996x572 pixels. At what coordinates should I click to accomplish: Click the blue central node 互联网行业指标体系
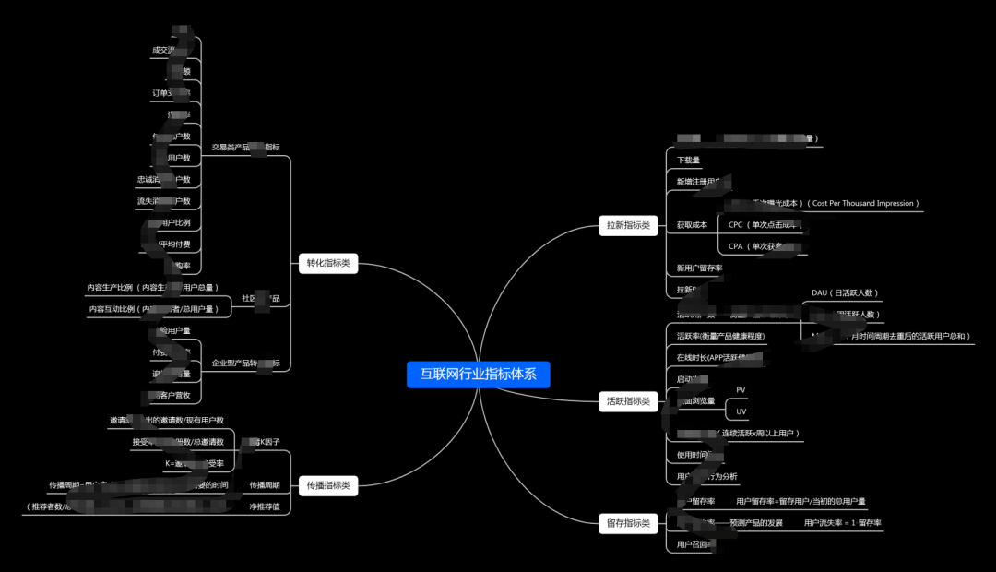click(478, 375)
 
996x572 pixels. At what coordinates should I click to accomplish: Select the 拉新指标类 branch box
click(628, 225)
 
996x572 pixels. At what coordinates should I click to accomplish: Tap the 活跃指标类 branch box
click(628, 401)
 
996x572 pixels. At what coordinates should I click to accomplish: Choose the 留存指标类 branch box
click(628, 523)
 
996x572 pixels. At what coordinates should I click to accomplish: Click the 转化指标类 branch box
click(328, 263)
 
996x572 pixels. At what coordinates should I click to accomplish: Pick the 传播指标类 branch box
click(328, 485)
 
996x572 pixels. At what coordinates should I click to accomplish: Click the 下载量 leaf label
click(688, 161)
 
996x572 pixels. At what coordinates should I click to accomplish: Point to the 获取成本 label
click(692, 225)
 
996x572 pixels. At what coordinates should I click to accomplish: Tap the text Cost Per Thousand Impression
click(863, 204)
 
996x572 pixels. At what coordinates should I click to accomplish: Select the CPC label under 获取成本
click(736, 225)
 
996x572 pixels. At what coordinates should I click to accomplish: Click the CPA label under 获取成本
click(736, 246)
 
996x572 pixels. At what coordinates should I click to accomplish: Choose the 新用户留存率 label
click(699, 268)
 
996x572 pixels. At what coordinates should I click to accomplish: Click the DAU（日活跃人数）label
click(845, 293)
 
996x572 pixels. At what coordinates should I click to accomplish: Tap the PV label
click(741, 390)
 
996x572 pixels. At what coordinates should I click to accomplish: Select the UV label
click(741, 411)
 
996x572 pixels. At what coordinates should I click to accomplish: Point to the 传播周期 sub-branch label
click(265, 485)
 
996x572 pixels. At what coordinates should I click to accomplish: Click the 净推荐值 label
click(265, 506)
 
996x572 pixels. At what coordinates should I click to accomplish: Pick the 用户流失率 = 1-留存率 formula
click(843, 523)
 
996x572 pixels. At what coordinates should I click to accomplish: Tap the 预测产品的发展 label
click(755, 523)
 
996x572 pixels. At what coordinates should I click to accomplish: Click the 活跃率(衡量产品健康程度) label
click(720, 337)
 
